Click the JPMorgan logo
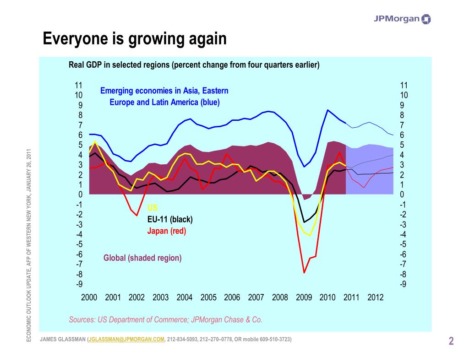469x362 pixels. [x=402, y=19]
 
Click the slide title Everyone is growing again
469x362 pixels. [x=135, y=39]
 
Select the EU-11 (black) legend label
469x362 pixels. [x=170, y=219]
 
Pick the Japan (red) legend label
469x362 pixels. [x=167, y=231]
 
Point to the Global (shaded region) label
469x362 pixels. [x=142, y=258]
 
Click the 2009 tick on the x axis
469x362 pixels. [x=304, y=297]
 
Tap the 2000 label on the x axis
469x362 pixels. [x=89, y=297]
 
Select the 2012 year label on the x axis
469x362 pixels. [x=375, y=297]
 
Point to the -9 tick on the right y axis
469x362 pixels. [x=404, y=284]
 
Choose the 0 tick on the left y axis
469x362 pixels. [x=80, y=195]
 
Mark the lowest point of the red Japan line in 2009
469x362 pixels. [x=304, y=273]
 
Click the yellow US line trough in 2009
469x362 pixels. [x=310, y=236]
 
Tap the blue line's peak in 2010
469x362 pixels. [x=327, y=110]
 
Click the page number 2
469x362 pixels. [x=451, y=341]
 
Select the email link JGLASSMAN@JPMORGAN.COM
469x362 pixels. [x=126, y=340]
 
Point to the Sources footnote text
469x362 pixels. [x=165, y=319]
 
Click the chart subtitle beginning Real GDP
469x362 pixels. [x=194, y=65]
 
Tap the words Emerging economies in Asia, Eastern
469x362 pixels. [x=164, y=91]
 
